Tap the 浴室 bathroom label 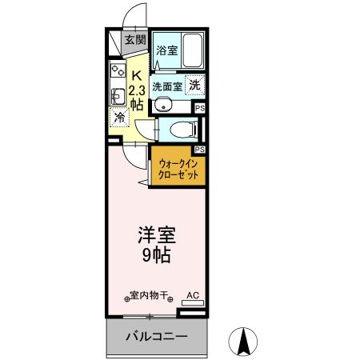coord(166,51)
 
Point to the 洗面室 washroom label coord(168,86)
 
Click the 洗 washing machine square coord(195,84)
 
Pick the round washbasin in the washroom coord(165,103)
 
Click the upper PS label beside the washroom coord(199,107)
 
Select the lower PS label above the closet coord(199,149)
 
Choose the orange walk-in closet coord(177,169)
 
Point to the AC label coord(192,294)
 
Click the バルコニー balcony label coord(155,336)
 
